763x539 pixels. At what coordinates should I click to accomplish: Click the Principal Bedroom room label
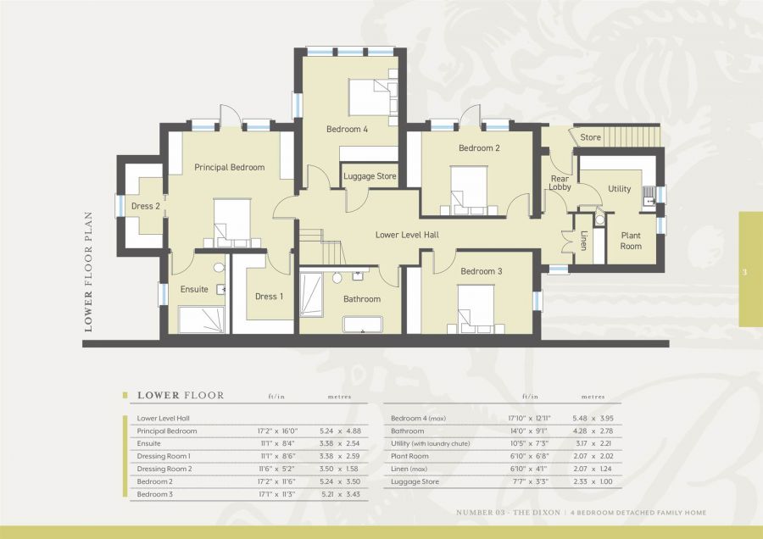point(229,167)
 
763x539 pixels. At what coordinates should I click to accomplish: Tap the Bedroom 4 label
point(348,130)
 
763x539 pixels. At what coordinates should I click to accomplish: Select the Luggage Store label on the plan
point(369,176)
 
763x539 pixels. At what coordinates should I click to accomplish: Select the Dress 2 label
point(145,206)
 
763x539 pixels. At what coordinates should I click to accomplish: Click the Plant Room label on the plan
point(631,241)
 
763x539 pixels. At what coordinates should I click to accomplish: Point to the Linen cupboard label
point(584,241)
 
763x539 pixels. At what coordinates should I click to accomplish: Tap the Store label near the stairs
point(590,137)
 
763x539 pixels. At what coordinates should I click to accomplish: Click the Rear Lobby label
point(560,183)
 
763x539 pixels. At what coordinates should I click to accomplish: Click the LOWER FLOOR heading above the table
point(181,395)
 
